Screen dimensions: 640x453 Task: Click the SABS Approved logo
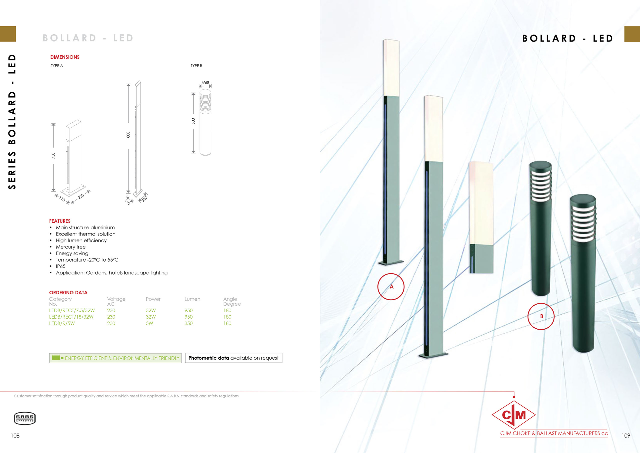(x=25, y=418)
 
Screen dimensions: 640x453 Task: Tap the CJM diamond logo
(x=513, y=415)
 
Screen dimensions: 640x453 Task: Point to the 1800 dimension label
(x=128, y=136)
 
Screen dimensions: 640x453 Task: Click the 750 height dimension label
(x=53, y=156)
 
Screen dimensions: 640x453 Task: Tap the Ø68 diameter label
(x=205, y=82)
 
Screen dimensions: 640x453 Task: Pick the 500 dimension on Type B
(x=193, y=121)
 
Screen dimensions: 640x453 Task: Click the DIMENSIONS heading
(x=65, y=57)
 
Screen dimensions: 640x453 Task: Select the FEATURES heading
(x=60, y=221)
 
